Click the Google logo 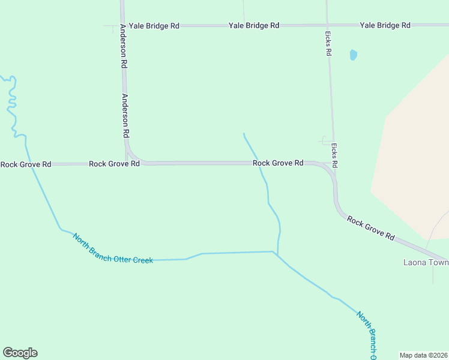(20, 353)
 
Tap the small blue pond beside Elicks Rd (353, 55)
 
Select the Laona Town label (426, 262)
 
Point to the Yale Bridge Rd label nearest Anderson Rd (154, 26)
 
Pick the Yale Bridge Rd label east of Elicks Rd (385, 25)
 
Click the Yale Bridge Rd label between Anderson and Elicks (253, 25)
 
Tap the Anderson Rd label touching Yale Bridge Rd (123, 45)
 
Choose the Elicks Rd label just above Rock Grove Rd (334, 155)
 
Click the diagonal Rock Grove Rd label (370, 229)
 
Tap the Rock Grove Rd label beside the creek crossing (278, 163)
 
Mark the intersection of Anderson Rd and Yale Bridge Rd (122, 26)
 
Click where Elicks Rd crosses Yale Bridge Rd (327, 25)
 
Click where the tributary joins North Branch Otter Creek (277, 253)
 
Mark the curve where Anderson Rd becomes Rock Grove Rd (131, 155)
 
